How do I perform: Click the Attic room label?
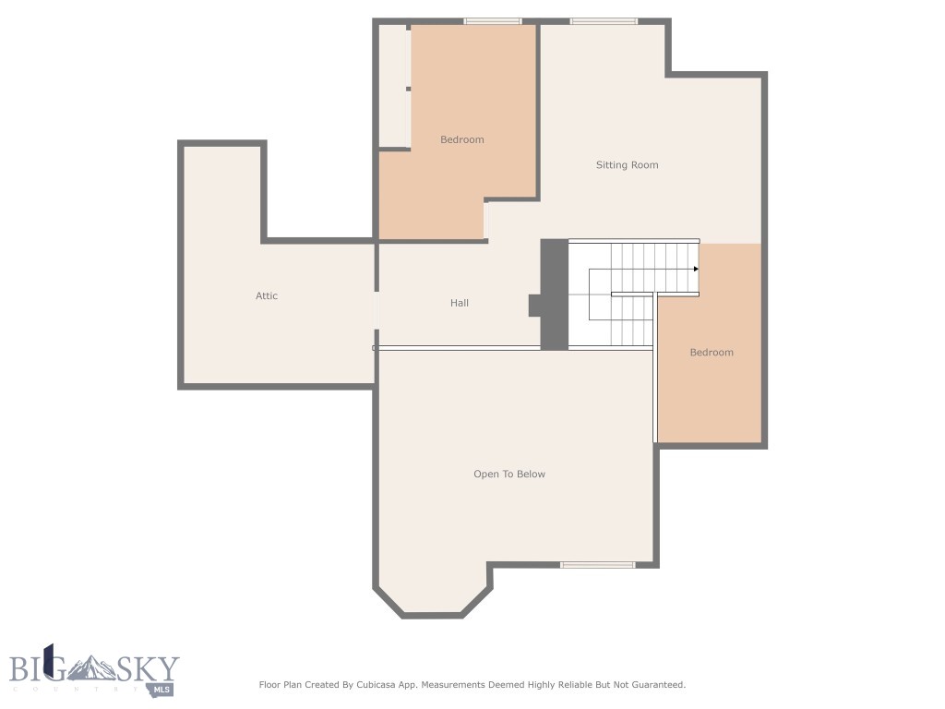point(267,296)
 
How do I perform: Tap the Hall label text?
point(460,303)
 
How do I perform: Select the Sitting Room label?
point(627,165)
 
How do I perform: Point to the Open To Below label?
point(509,475)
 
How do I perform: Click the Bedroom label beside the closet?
point(461,139)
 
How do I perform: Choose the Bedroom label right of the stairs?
point(712,353)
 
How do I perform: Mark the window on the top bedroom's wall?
point(492,21)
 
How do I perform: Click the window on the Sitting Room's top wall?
point(604,21)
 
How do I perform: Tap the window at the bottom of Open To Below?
point(597,564)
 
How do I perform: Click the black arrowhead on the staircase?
point(696,269)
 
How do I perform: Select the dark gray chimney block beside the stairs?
point(553,294)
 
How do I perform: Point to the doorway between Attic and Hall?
point(376,309)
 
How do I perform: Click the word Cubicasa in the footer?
point(386,685)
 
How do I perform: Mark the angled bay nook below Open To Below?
point(432,591)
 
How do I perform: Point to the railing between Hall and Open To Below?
point(458,348)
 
